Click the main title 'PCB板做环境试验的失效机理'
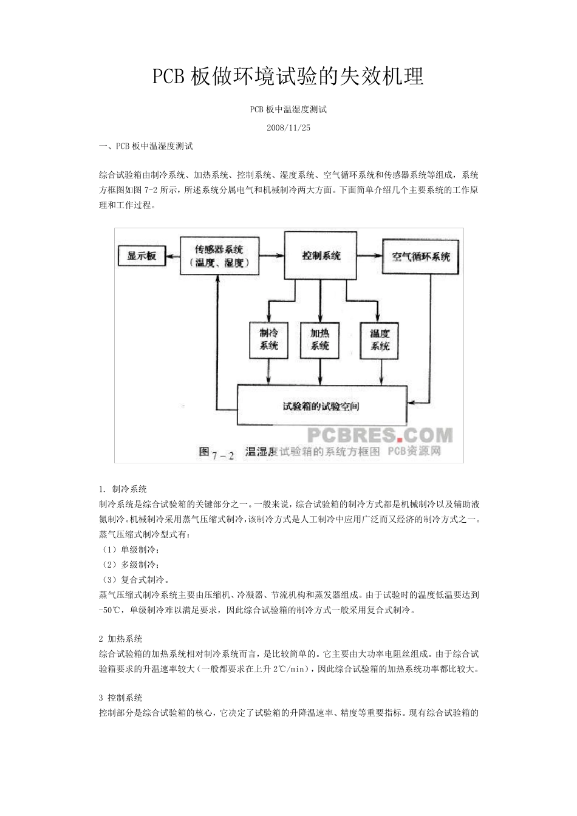(x=288, y=76)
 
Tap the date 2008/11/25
(x=288, y=127)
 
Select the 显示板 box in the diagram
(x=142, y=256)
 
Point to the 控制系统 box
(x=321, y=256)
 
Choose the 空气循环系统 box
(x=420, y=256)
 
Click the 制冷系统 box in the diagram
(x=268, y=339)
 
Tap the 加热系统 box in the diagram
(x=319, y=339)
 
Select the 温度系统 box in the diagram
(x=380, y=339)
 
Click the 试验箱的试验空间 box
(x=321, y=406)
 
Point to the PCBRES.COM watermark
(x=380, y=435)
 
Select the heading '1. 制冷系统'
(x=123, y=489)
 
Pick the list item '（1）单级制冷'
(x=129, y=549)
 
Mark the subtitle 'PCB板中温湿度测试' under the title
(x=288, y=110)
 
